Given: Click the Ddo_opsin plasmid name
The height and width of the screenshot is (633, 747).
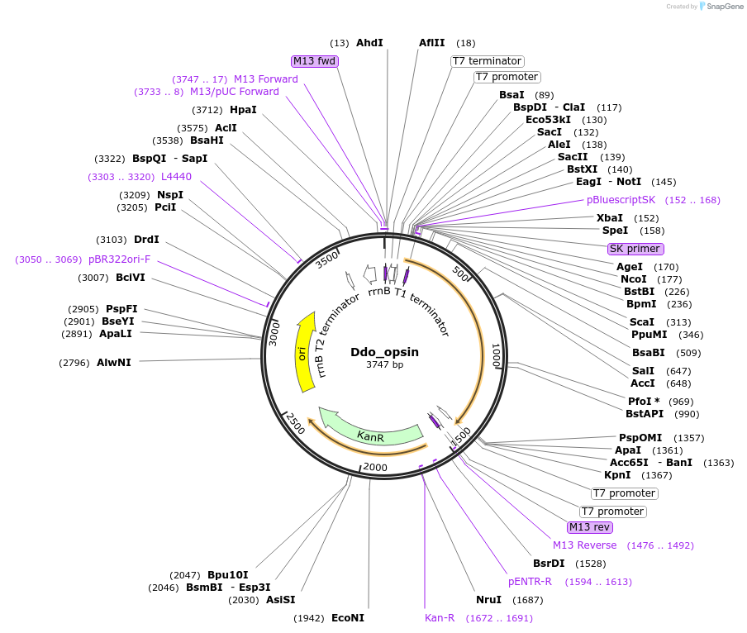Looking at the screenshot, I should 384,351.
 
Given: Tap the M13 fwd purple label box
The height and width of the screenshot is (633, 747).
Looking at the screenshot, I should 315,61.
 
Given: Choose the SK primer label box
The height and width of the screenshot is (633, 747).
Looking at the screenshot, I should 635,249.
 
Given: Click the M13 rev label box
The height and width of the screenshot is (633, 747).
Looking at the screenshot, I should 589,527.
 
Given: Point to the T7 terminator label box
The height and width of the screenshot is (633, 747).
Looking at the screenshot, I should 487,61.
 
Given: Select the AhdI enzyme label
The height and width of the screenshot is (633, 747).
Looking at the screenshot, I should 369,43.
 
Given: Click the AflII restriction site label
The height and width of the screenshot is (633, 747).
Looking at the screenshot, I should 431,43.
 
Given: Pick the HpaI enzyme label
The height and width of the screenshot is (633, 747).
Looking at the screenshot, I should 243,110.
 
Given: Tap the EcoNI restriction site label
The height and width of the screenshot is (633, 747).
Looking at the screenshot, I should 347,618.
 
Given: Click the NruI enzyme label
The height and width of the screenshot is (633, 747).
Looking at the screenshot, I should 488,600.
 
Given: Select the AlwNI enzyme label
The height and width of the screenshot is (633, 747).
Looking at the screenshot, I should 113,363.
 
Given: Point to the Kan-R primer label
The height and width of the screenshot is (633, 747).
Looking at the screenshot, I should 440,618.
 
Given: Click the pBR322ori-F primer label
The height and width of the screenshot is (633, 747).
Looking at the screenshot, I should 119,259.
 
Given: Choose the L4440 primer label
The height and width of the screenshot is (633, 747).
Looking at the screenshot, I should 176,177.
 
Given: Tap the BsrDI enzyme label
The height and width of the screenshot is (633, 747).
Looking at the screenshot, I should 549,564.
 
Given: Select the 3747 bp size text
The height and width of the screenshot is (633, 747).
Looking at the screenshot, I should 384,364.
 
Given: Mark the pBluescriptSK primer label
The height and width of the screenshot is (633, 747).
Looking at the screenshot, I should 621,200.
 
